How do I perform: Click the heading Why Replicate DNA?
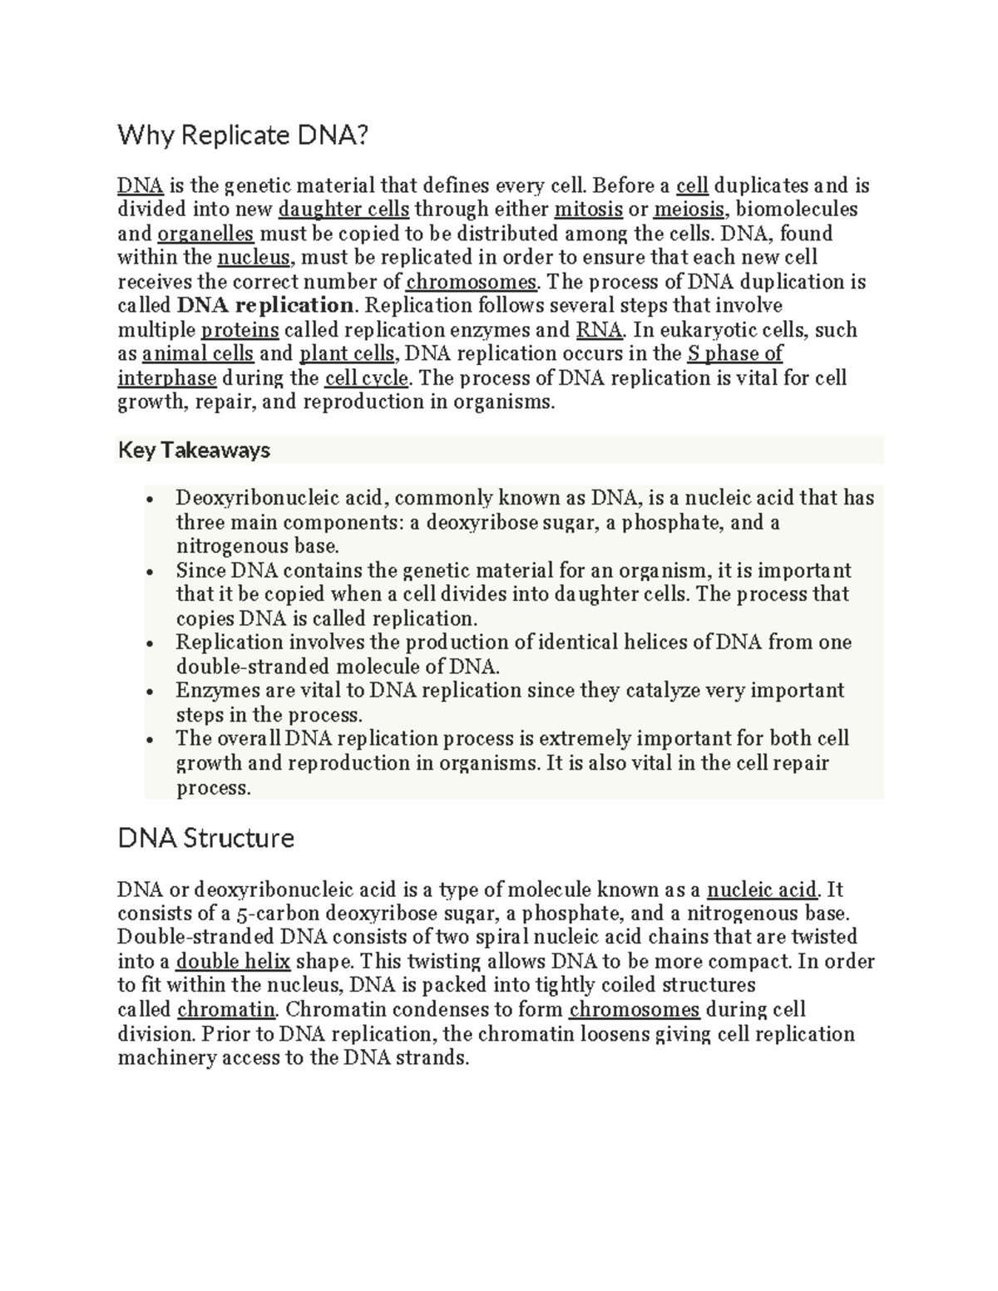241,135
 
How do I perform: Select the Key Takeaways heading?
194,451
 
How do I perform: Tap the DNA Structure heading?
205,838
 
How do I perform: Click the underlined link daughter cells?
343,209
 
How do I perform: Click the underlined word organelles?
205,234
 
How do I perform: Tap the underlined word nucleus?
254,258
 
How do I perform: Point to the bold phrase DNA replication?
266,306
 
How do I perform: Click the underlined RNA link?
599,330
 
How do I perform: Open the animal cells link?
198,354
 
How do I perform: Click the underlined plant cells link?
347,354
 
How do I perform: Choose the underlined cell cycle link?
366,378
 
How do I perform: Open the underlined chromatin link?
225,1010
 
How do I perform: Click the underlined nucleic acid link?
762,890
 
